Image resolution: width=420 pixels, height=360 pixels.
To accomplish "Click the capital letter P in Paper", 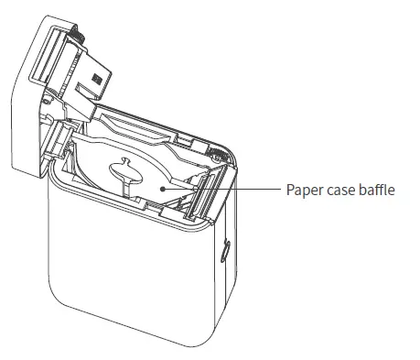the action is (288, 190).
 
